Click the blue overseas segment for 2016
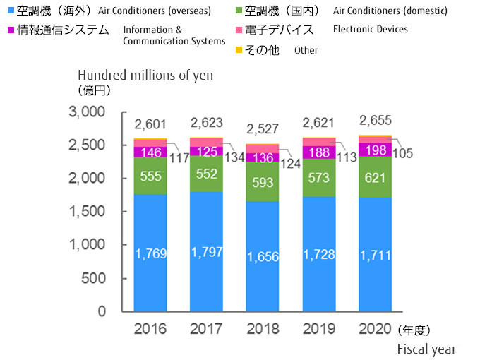(150, 253)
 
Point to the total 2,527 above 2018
(262, 129)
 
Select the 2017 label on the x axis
(205, 329)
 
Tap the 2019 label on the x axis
(318, 329)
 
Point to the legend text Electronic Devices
(370, 30)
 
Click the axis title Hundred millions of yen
(145, 75)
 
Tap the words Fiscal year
(426, 349)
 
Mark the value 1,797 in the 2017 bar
(205, 251)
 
